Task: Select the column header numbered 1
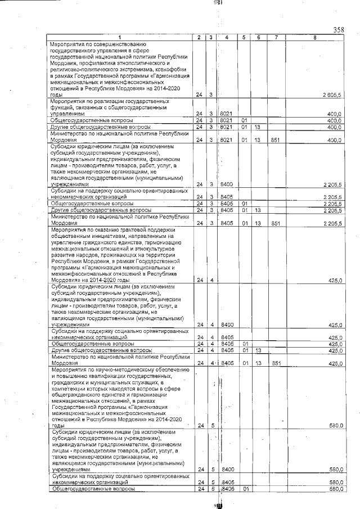119,37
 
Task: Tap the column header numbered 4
226,37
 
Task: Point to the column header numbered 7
276,37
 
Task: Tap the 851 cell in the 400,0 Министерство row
275,139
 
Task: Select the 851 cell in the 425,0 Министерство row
275,363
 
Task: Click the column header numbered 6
258,37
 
